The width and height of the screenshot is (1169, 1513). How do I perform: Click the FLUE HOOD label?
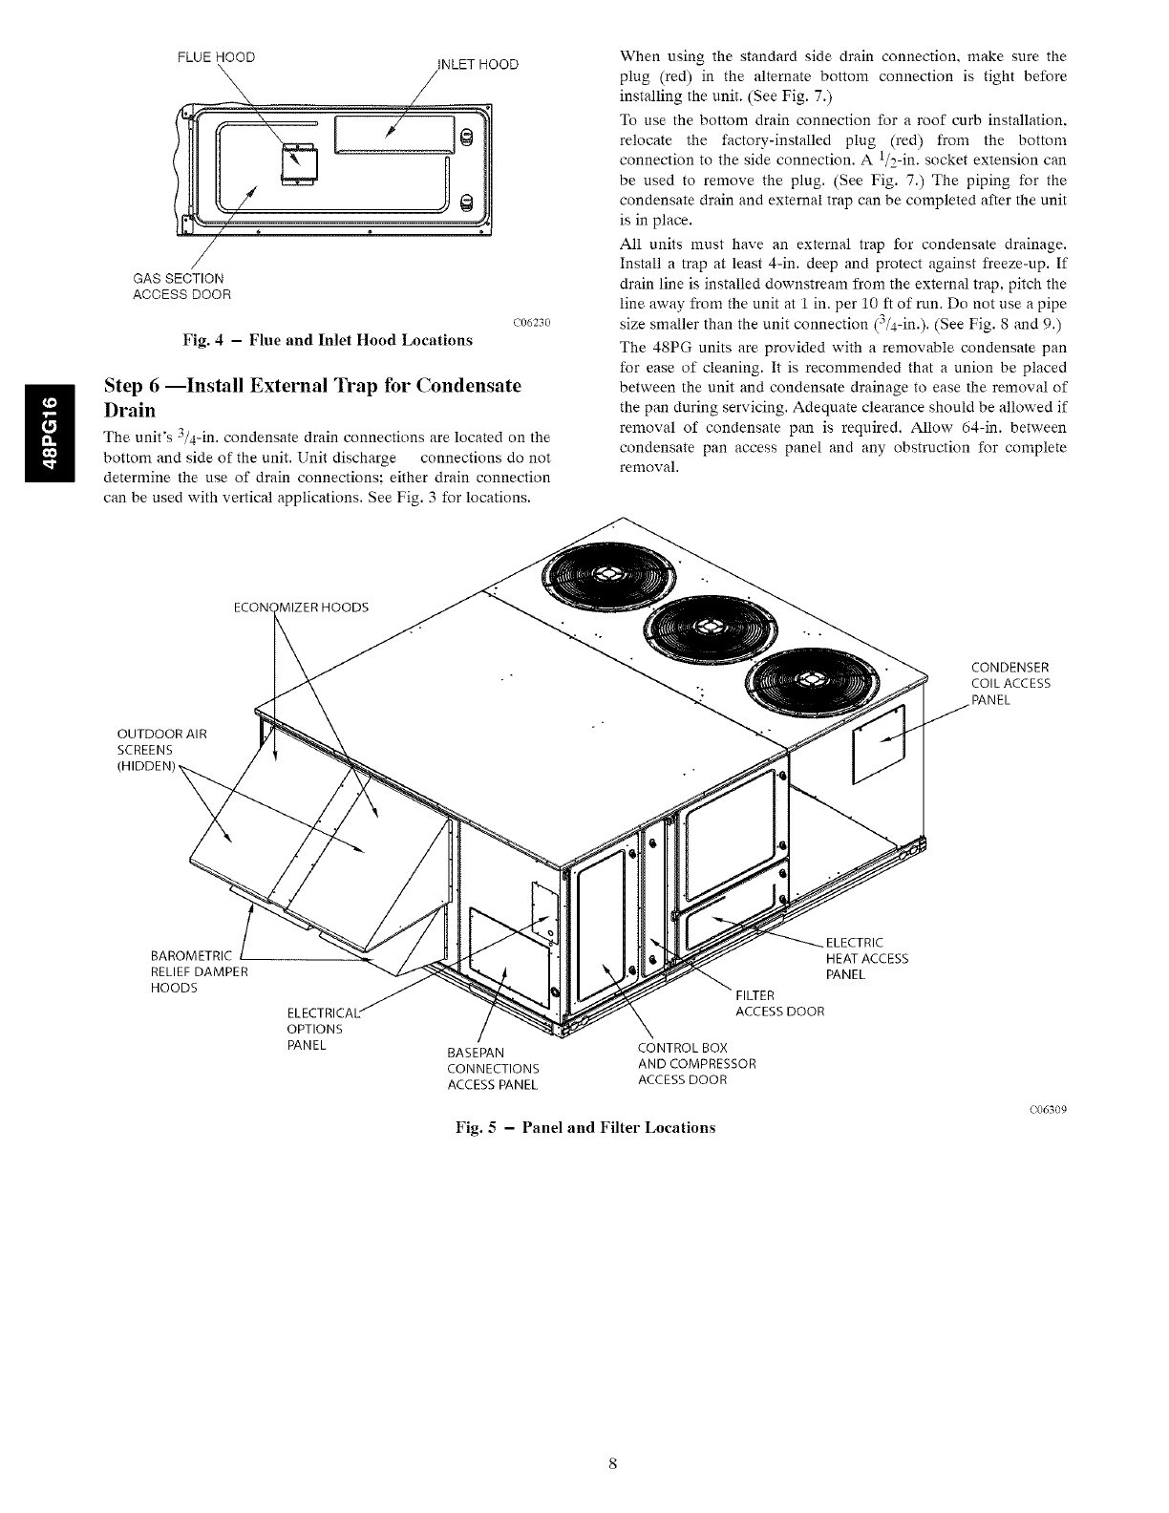coord(216,56)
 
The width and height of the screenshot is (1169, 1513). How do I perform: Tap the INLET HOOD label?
coord(477,64)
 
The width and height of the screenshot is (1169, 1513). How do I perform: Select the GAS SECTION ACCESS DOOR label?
coord(181,286)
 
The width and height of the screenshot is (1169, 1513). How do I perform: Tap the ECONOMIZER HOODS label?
coord(301,608)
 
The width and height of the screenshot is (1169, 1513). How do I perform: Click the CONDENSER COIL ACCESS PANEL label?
coord(1010,683)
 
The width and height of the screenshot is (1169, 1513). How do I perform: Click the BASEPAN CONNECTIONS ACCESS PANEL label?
coord(493,1068)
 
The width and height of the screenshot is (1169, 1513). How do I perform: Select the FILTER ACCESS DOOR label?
coord(778,1003)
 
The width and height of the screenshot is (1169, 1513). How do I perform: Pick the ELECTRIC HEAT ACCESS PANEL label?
coord(865,958)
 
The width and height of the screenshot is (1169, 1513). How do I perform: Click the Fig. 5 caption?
coord(584,1127)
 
